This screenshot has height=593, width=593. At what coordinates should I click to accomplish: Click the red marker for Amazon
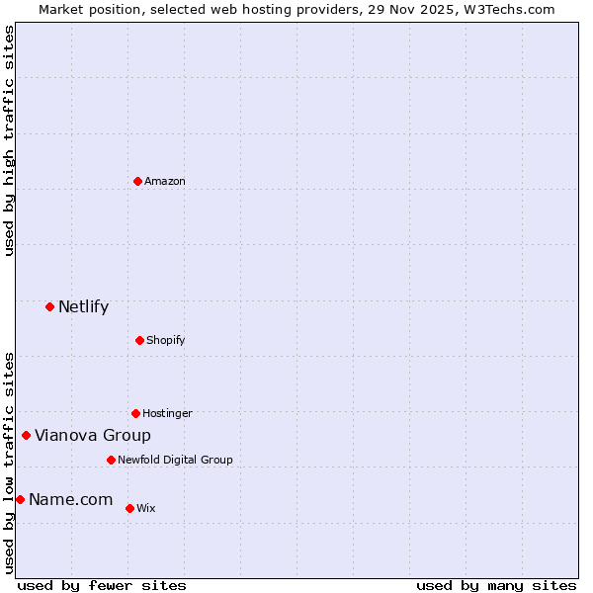[137, 181]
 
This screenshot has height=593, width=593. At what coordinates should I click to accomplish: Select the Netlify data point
[49, 306]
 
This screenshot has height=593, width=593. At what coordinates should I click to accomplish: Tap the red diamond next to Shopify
[139, 340]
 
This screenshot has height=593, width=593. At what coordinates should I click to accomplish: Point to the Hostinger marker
[135, 413]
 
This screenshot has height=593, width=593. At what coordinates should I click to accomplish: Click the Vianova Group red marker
[27, 435]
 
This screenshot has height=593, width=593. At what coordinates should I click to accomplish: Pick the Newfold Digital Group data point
[111, 460]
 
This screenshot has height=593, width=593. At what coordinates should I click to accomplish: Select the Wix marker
[129, 508]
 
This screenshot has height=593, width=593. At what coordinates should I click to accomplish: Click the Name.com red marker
[20, 499]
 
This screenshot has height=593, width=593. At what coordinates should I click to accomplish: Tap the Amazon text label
[164, 181]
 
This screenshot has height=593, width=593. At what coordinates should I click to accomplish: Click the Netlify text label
[83, 306]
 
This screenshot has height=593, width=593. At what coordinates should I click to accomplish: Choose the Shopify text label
[165, 340]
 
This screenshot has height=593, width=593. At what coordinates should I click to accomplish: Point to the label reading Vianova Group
[93, 435]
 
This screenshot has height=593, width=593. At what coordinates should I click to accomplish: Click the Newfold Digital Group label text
[175, 460]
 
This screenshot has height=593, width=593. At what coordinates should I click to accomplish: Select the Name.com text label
[70, 499]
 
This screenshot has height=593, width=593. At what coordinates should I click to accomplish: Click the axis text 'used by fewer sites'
[102, 585]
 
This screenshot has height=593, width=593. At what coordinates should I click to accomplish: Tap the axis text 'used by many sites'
[496, 585]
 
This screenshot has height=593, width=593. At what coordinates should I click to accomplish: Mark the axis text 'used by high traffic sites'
[9, 140]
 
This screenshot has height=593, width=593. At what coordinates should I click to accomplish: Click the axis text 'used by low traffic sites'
[9, 462]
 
